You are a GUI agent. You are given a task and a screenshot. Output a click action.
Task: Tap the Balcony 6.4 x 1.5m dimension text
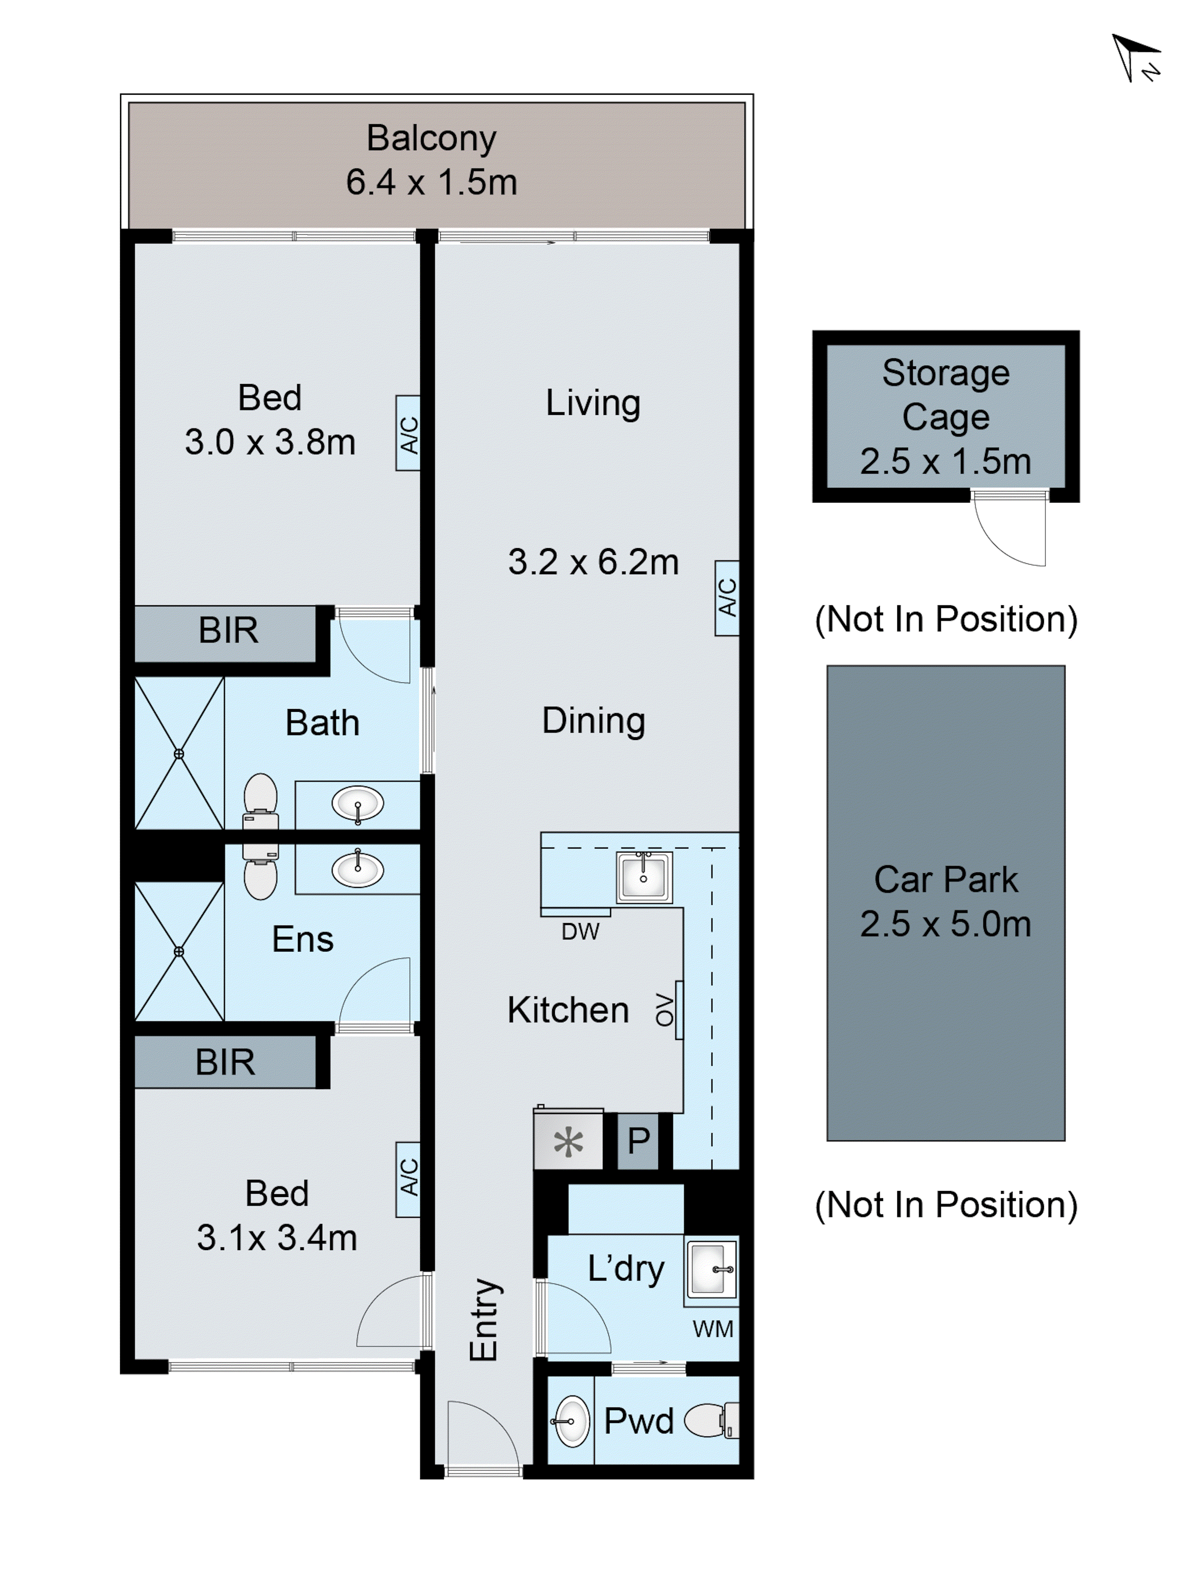(432, 182)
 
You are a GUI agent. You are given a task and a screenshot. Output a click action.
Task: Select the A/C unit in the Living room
(727, 598)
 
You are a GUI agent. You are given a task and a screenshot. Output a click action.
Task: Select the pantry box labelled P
(638, 1141)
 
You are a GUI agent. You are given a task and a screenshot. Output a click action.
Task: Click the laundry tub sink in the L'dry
(711, 1269)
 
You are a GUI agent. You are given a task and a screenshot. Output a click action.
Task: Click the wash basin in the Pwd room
(571, 1421)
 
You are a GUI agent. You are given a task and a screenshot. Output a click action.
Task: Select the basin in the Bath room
(357, 804)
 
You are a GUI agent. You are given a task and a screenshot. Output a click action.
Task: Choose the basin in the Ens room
(357, 870)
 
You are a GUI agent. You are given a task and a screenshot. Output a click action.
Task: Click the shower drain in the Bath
(178, 754)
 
